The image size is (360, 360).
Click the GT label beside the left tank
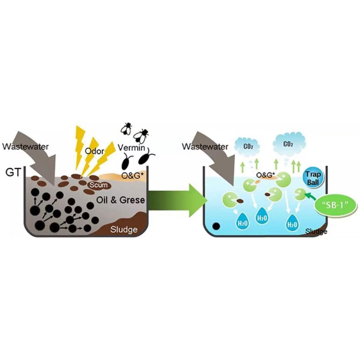tap(13, 172)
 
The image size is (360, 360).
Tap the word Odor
tap(95, 151)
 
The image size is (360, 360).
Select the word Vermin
tap(131, 148)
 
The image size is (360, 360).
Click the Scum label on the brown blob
tap(98, 185)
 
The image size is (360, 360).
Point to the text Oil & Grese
tap(121, 200)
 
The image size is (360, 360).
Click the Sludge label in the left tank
tap(124, 230)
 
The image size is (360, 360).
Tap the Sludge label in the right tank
tap(316, 231)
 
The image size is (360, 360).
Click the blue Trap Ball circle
tap(313, 179)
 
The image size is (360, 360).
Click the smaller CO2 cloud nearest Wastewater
tap(247, 147)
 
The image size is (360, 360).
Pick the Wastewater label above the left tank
tap(25, 147)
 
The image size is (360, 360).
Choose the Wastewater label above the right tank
tap(205, 147)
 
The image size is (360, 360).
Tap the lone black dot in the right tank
tap(216, 226)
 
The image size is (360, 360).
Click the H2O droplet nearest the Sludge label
tap(292, 222)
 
